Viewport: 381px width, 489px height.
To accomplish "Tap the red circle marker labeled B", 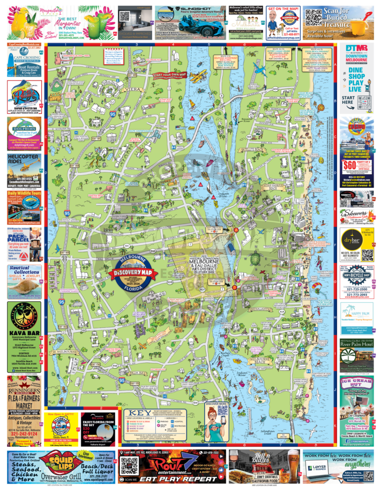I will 234,287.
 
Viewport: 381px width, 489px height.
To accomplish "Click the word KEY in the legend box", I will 136,413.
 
